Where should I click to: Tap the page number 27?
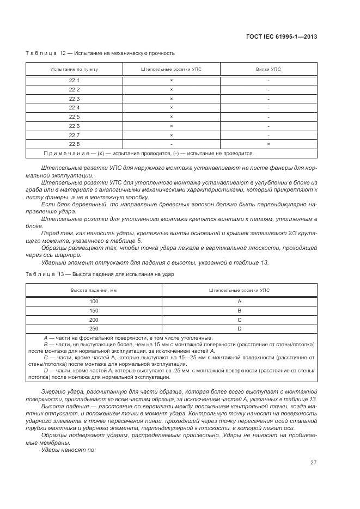point(314,462)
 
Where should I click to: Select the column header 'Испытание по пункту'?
point(74,70)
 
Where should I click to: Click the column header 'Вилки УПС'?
point(269,70)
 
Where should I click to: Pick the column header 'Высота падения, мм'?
point(94,291)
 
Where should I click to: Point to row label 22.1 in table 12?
point(74,80)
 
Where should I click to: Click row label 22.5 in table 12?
point(74,116)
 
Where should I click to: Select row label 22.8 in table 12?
point(74,144)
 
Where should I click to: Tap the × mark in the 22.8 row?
point(269,144)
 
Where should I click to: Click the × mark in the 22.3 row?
point(171,99)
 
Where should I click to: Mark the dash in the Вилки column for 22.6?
point(269,126)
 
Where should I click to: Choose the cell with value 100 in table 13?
point(94,301)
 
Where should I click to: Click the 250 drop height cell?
point(94,329)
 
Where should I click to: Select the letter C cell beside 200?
point(239,320)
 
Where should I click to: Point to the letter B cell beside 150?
point(239,310)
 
